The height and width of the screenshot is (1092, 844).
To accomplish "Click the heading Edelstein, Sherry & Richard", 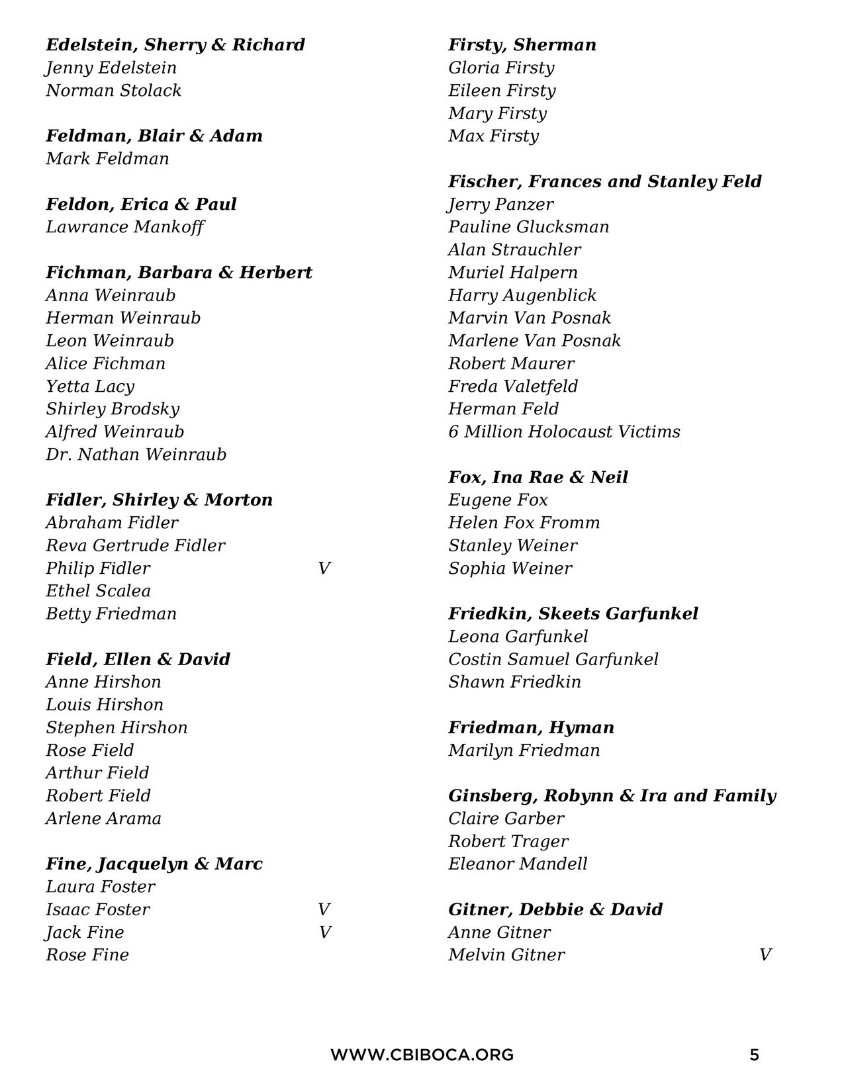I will tap(175, 45).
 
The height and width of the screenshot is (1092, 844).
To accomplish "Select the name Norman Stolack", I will tap(113, 91).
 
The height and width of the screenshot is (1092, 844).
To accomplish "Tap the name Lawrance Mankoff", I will tap(124, 227).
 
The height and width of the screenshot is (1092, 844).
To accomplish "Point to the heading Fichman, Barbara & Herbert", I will tap(179, 273).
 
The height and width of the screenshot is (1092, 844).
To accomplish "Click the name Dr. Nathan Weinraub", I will tap(136, 455).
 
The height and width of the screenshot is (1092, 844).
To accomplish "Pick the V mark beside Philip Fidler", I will tap(324, 569).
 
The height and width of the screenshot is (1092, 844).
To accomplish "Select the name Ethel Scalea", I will tap(98, 591).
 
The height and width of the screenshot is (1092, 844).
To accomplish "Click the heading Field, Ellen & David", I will tap(138, 659).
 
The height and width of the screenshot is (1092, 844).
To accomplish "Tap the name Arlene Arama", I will tap(103, 819).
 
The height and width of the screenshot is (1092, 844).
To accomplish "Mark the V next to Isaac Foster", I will tap(324, 909).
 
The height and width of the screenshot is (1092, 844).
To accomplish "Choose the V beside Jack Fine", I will tap(324, 933).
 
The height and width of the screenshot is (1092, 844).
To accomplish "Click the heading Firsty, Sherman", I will tap(522, 45).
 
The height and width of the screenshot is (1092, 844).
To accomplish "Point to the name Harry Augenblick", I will tap(522, 295).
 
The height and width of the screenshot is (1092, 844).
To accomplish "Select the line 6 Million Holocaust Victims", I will tap(563, 432).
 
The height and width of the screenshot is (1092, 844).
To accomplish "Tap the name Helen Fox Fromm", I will tap(524, 523).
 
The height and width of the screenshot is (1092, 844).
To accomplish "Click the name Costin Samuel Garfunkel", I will tap(553, 659).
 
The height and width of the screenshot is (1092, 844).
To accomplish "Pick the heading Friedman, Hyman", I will tap(531, 727).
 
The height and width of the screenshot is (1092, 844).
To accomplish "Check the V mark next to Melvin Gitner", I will tap(765, 955).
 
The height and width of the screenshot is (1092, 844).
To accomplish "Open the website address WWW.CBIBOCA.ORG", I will tap(422, 1055).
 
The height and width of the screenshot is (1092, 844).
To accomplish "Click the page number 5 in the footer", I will tap(754, 1055).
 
